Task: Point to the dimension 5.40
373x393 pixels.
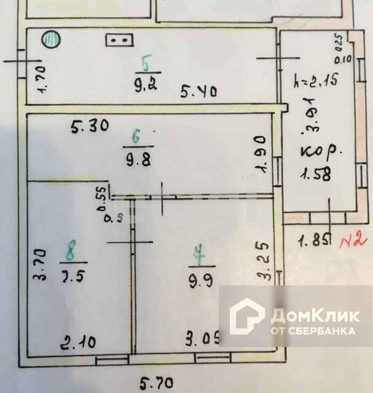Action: (x=197, y=92)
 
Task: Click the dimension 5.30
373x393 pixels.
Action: (x=90, y=127)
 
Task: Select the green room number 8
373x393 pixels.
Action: (x=72, y=251)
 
